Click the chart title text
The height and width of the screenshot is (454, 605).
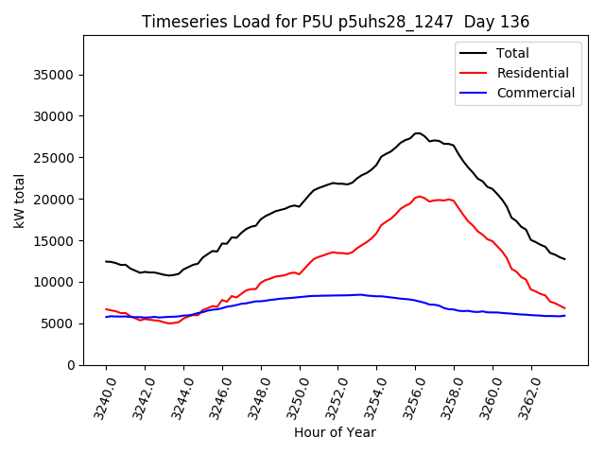tap(336, 22)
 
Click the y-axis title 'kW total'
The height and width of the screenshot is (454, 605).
tap(20, 201)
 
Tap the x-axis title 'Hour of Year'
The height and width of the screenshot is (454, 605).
tap(335, 432)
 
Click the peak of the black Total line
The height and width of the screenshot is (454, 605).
tap(418, 133)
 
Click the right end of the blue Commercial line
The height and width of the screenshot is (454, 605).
tap(564, 315)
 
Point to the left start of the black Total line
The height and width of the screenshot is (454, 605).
tap(106, 261)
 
